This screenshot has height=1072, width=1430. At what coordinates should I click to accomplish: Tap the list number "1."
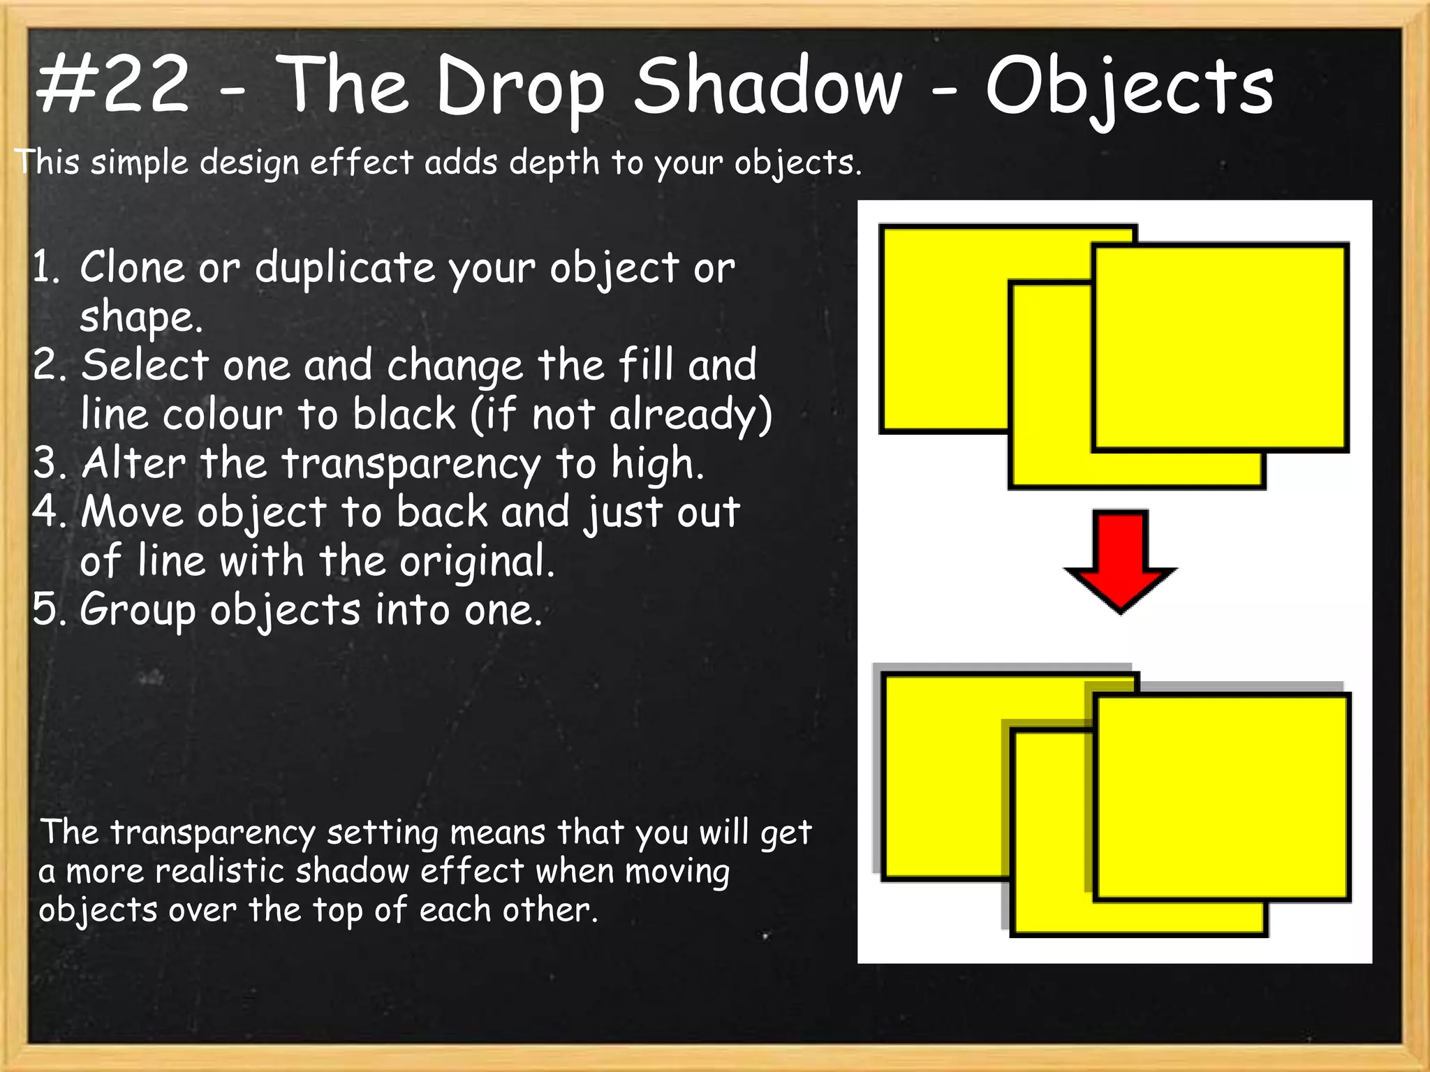(x=46, y=268)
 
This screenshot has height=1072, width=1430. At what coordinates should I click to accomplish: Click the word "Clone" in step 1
(x=131, y=267)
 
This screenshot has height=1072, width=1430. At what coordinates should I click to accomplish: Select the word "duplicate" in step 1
(x=344, y=268)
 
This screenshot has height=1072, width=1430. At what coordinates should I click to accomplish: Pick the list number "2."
(x=49, y=365)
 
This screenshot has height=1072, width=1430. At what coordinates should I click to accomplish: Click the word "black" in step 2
(x=404, y=414)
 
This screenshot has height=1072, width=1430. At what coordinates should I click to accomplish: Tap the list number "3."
(x=49, y=463)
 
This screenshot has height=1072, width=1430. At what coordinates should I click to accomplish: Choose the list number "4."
(x=49, y=512)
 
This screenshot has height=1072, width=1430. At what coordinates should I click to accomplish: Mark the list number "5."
(x=49, y=609)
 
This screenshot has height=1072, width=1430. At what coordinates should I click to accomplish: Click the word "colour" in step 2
(x=223, y=414)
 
